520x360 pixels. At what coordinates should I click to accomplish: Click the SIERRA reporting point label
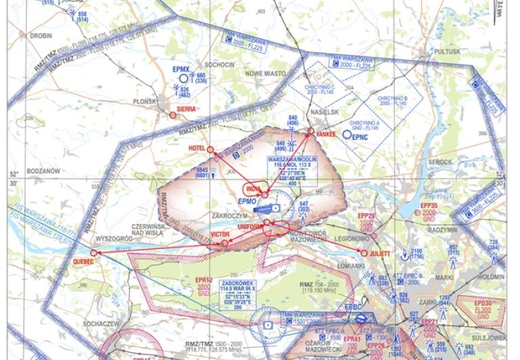(x=186, y=108)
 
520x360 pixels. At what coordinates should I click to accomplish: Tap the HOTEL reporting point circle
(x=210, y=150)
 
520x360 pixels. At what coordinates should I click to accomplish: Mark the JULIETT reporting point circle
(x=364, y=253)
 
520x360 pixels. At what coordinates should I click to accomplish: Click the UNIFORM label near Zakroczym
(x=251, y=226)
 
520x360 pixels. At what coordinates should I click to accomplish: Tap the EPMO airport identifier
(x=248, y=202)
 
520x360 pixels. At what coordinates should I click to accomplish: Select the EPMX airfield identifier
(x=180, y=68)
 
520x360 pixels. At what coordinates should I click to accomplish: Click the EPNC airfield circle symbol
(x=347, y=135)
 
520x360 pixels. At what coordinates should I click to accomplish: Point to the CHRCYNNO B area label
(x=391, y=102)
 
